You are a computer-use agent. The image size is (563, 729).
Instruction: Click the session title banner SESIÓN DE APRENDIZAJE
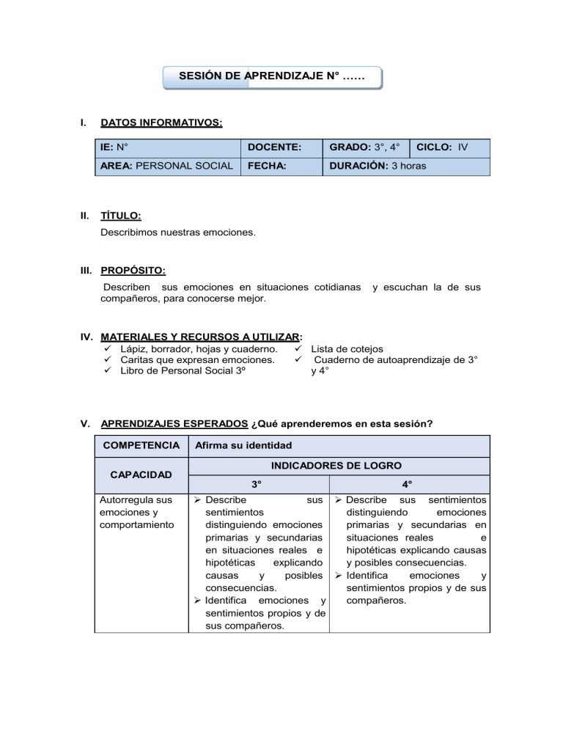272,77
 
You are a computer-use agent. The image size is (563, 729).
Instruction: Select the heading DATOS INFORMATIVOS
161,122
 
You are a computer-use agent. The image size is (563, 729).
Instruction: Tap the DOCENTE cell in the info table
281,147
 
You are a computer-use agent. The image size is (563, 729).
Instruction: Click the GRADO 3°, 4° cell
366,147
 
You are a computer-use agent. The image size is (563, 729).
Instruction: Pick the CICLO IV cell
449,147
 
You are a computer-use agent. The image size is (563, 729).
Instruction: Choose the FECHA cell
281,166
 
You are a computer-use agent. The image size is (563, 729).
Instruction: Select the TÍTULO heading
121,216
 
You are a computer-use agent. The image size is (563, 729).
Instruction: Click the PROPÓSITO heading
133,271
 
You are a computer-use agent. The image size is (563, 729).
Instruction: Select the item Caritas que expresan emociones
198,360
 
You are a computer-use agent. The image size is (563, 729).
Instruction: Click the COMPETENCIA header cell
141,445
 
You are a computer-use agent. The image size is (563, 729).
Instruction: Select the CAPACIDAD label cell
141,475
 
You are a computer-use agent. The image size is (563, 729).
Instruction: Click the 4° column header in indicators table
408,484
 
